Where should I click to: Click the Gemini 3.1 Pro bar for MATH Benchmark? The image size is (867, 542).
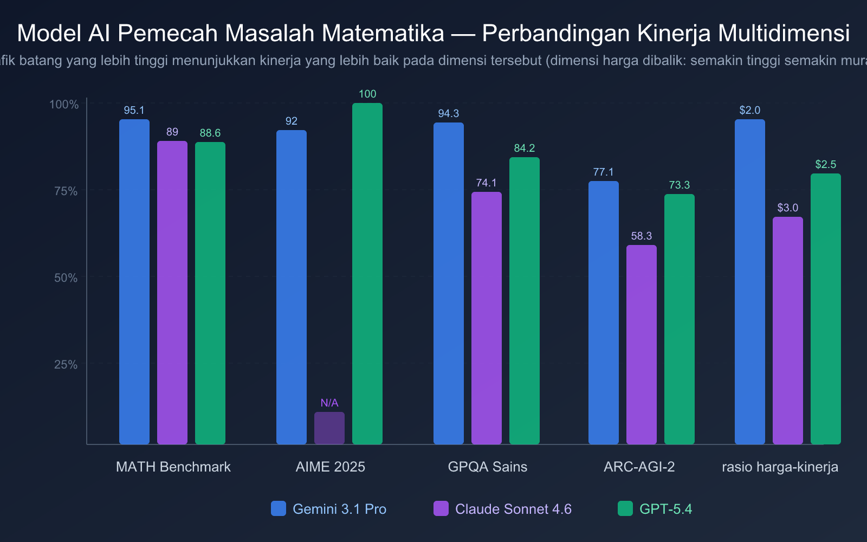pyautogui.click(x=134, y=282)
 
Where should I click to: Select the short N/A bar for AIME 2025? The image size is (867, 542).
pyautogui.click(x=329, y=428)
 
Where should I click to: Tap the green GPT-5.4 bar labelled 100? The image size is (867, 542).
pyautogui.click(x=367, y=274)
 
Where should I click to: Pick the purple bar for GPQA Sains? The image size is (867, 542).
pyautogui.click(x=487, y=318)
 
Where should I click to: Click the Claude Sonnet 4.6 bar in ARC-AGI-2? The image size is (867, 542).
pyautogui.click(x=642, y=345)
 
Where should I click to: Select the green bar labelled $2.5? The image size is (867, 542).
pyautogui.click(x=826, y=309)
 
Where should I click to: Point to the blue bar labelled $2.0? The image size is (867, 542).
pyautogui.click(x=750, y=282)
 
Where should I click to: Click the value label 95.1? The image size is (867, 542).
pyautogui.click(x=134, y=111)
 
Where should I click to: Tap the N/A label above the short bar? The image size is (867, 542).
pyautogui.click(x=329, y=403)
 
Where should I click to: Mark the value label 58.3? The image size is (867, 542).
pyautogui.click(x=642, y=236)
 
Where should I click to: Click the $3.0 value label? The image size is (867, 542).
pyautogui.click(x=788, y=208)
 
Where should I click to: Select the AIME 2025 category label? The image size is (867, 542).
pyautogui.click(x=331, y=467)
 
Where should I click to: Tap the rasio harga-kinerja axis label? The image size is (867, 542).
pyautogui.click(x=780, y=467)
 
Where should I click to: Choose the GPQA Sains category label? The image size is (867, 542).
pyautogui.click(x=488, y=467)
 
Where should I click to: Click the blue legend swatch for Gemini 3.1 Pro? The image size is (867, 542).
pyautogui.click(x=279, y=508)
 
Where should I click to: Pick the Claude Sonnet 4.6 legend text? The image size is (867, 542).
pyautogui.click(x=513, y=509)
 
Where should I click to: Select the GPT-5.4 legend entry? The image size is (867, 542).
pyautogui.click(x=665, y=509)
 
